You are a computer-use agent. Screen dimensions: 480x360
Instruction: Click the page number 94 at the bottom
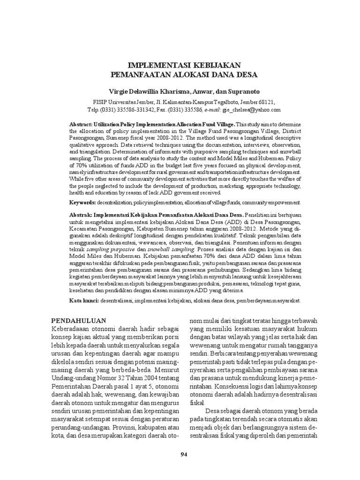point(184,454)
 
